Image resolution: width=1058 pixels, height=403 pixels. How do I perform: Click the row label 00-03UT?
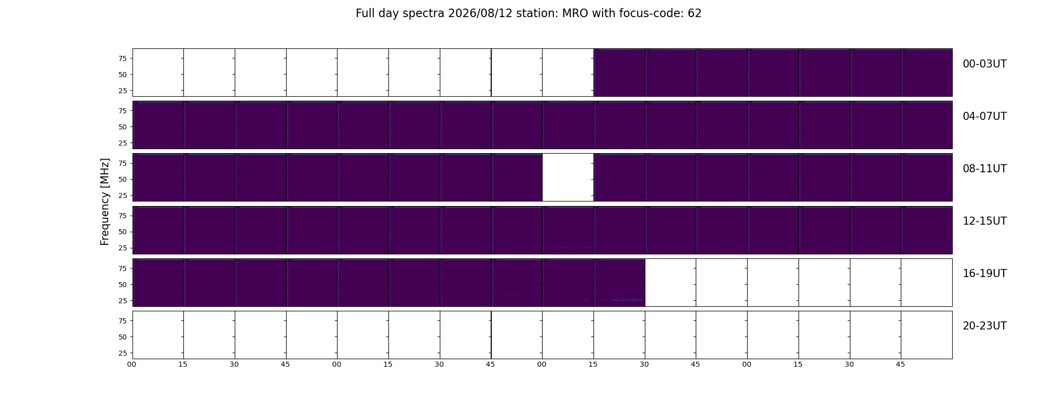coord(984,64)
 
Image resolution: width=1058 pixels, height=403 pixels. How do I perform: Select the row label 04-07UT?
coord(984,116)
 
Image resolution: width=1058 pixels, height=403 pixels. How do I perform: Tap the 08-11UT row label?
coord(984,169)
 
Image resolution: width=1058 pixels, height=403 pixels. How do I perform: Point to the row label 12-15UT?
coord(984,221)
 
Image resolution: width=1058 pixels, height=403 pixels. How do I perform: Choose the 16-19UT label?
coord(984,274)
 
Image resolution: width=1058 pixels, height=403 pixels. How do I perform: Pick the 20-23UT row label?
coord(984,326)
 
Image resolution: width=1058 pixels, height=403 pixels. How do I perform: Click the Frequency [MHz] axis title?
coord(105,201)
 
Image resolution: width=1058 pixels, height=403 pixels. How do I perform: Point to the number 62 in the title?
coord(695,14)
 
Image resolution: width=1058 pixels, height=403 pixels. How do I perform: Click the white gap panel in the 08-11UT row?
coord(568,177)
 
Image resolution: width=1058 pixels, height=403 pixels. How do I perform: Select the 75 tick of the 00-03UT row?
coord(122,58)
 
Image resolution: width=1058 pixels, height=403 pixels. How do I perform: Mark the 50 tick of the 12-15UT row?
coord(122,232)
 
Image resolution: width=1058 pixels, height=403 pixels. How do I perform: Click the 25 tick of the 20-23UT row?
coord(122,353)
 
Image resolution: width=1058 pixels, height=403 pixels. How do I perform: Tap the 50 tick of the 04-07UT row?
coord(122,127)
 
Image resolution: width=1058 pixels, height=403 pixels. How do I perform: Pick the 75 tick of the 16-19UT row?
coord(122,268)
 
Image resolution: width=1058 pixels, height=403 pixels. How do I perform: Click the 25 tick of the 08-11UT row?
coord(122,195)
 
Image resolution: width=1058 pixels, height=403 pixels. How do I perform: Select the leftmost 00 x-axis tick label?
coord(132,364)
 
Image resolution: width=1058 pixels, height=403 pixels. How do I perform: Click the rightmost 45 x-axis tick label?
coord(901,364)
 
